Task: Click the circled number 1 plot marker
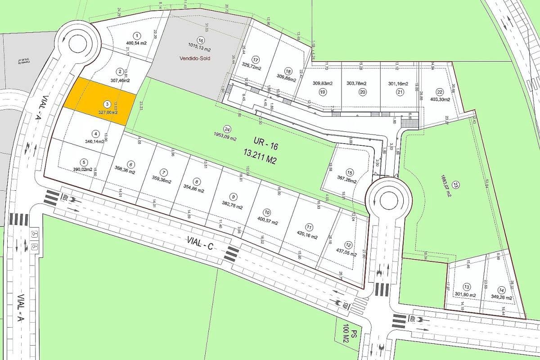pos(137,35)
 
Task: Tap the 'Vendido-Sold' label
pos(194,58)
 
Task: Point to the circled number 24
pos(227,128)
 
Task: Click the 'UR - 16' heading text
pos(256,148)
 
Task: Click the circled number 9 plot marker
pos(233,196)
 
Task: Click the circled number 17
pos(256,59)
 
